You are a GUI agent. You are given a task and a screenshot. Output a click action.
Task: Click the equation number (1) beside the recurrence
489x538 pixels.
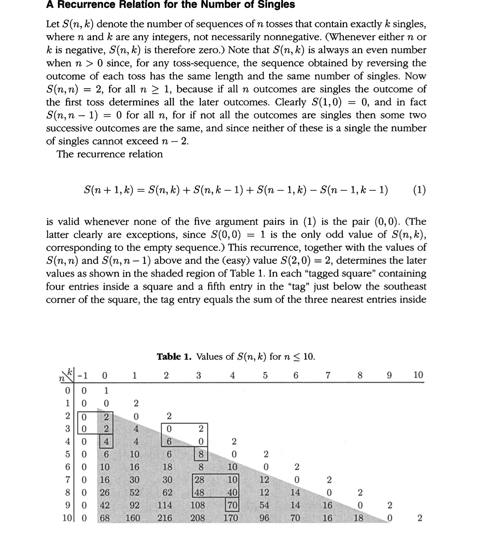pyautogui.click(x=419, y=190)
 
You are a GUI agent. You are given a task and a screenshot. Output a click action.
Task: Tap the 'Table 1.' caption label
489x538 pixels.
pyautogui.click(x=174, y=357)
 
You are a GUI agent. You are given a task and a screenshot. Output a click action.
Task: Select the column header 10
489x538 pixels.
pyautogui.click(x=418, y=375)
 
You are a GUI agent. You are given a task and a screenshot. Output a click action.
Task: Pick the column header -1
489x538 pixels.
pyautogui.click(x=83, y=375)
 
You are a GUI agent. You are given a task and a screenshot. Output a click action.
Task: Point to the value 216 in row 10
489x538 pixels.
pyautogui.click(x=165, y=518)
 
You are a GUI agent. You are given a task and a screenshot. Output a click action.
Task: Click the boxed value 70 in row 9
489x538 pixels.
pyautogui.click(x=232, y=505)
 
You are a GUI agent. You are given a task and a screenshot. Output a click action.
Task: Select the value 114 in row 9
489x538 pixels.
pyautogui.click(x=165, y=505)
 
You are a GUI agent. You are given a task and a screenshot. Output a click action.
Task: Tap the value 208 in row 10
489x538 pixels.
pyautogui.click(x=198, y=518)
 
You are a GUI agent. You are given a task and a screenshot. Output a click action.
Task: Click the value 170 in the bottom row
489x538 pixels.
pyautogui.click(x=231, y=518)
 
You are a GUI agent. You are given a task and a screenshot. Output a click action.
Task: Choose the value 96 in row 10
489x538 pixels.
pyautogui.click(x=264, y=518)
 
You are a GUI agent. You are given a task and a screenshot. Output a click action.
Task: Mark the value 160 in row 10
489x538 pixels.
pyautogui.click(x=133, y=518)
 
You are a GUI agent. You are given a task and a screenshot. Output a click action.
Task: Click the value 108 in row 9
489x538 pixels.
pyautogui.click(x=198, y=505)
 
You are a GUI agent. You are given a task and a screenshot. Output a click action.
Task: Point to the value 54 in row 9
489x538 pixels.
pyautogui.click(x=264, y=505)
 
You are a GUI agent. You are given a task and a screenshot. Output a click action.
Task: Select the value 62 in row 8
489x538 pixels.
pyautogui.click(x=167, y=492)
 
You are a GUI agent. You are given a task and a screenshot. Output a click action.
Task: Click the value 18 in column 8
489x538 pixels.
pyautogui.click(x=358, y=518)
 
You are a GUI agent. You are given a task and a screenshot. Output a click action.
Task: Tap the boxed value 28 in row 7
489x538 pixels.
pyautogui.click(x=200, y=479)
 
